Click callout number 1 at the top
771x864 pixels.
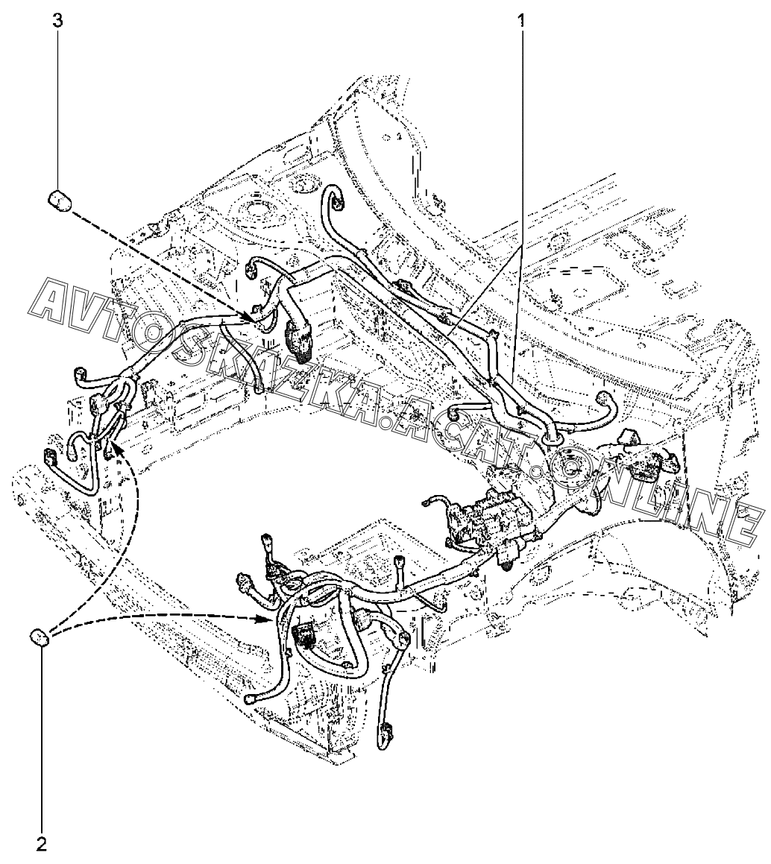520,22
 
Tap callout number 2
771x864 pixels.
42,842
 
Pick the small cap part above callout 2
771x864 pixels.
40,637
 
